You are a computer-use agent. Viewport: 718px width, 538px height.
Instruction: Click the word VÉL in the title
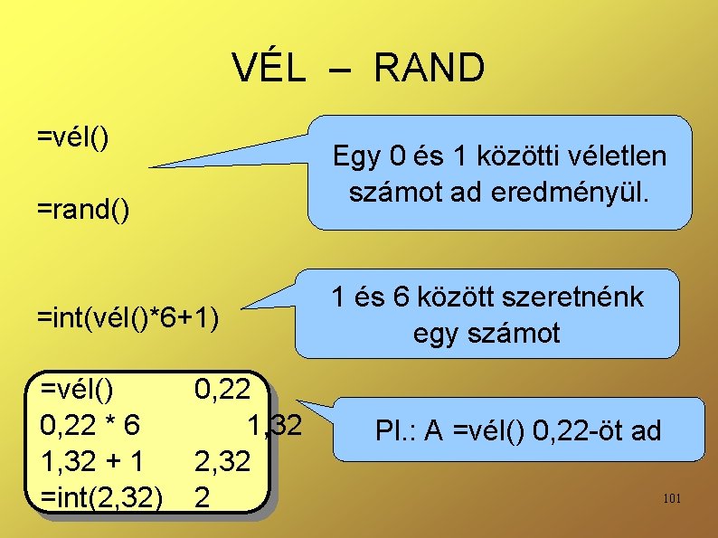[269, 69]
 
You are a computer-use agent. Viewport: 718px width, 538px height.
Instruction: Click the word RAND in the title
[428, 69]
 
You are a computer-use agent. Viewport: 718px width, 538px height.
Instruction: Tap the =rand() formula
[82, 210]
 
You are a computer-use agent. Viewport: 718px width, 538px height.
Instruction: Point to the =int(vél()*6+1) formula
[128, 317]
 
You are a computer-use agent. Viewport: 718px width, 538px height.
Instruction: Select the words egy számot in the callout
[487, 333]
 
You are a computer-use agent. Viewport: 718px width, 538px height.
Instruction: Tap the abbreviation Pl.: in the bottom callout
[394, 431]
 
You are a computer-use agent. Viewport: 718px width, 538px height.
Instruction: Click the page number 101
[672, 499]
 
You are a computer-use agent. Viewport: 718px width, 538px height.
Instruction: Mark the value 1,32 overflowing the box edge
[274, 425]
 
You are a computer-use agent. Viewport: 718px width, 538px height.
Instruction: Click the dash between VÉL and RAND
[339, 71]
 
